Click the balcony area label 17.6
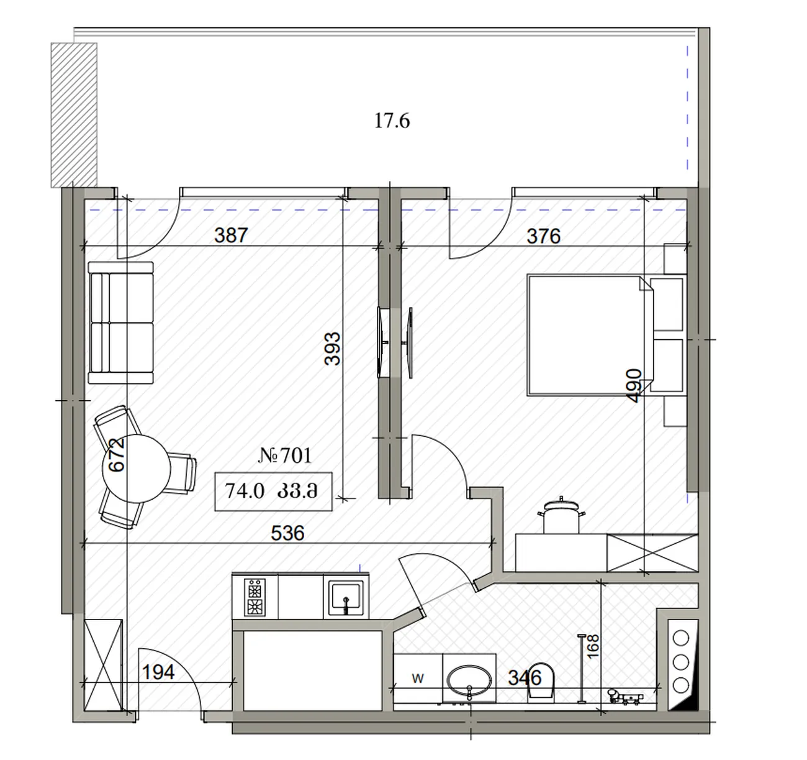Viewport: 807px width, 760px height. tap(392, 121)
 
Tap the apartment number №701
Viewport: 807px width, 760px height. tap(285, 456)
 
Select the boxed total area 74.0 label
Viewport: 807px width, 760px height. tap(245, 491)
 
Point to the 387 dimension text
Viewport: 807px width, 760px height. tap(231, 235)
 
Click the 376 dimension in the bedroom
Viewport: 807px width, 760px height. tap(544, 236)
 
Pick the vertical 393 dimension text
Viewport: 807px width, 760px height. tap(332, 349)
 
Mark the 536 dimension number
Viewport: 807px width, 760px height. tap(287, 533)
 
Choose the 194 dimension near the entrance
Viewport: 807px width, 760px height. tap(158, 672)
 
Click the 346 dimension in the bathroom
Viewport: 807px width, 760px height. tap(525, 678)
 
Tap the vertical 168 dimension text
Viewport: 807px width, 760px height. tap(593, 646)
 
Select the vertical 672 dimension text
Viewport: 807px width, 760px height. tap(116, 454)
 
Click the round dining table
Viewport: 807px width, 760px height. tap(136, 469)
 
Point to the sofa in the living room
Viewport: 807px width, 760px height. tap(121, 323)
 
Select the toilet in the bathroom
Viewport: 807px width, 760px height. tap(541, 684)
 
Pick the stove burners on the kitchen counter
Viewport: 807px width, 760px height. tap(255, 597)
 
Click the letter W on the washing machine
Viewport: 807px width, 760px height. tap(418, 678)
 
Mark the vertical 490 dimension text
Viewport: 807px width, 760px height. tap(633, 385)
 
